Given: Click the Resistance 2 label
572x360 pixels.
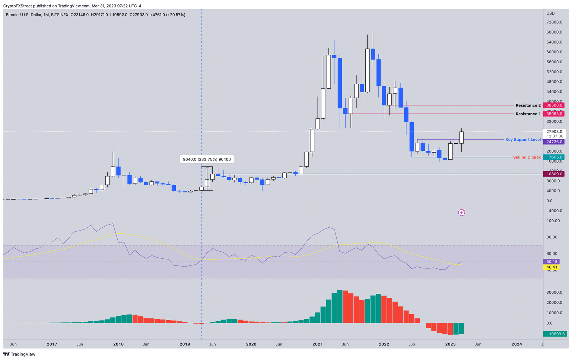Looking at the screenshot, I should (528, 105).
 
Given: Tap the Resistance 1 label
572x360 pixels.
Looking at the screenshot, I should (528, 114).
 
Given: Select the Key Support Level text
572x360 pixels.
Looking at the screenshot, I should (523, 140).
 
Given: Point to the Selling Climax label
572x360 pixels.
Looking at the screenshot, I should (527, 157).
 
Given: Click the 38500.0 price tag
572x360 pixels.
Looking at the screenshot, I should (554, 105).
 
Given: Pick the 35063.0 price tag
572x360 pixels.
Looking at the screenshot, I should (554, 114).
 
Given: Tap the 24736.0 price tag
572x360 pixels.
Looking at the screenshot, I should (554, 142).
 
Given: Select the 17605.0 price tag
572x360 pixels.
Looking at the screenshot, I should (554, 157).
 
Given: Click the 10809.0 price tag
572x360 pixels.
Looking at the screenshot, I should (554, 174).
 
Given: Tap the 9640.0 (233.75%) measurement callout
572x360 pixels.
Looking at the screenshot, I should (207, 159).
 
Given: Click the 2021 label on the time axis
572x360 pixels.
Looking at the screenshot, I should (318, 344).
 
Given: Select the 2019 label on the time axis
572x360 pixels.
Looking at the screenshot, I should (185, 344).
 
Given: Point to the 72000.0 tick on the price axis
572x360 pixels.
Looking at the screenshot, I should (554, 22).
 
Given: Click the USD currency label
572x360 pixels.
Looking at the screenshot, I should (550, 13).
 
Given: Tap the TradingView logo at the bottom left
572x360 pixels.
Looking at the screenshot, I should (19, 354).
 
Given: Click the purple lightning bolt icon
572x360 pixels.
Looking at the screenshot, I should (461, 213).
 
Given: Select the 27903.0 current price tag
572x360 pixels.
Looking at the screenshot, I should (554, 131).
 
